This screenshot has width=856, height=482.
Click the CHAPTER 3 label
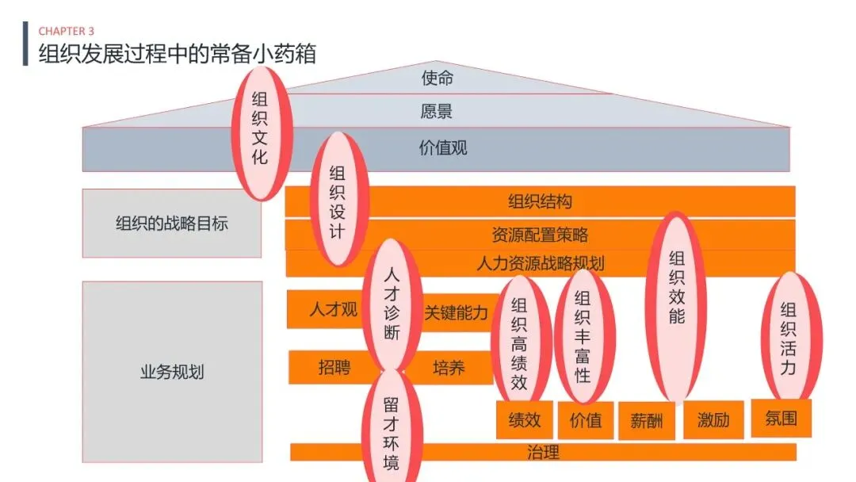(x=67, y=31)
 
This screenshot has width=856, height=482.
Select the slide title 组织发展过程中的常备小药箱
(x=178, y=53)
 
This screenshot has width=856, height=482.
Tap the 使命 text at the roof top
(x=437, y=78)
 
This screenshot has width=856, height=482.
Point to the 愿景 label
(x=436, y=111)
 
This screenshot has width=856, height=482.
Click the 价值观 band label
(x=443, y=147)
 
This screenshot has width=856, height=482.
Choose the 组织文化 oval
(x=261, y=132)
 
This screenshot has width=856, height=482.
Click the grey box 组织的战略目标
(x=172, y=224)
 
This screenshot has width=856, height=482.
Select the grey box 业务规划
(x=172, y=372)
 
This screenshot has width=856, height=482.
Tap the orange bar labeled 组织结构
(x=540, y=201)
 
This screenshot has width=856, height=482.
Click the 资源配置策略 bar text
(x=540, y=235)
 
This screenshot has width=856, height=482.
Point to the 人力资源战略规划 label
(x=540, y=263)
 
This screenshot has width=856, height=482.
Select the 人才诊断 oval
(x=392, y=304)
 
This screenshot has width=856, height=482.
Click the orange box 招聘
(x=334, y=367)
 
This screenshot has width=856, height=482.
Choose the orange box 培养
(x=449, y=368)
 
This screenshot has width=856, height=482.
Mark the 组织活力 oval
(x=789, y=338)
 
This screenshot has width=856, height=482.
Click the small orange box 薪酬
(x=646, y=420)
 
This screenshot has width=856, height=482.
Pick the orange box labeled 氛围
(x=781, y=418)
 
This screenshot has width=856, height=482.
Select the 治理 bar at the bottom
(x=543, y=453)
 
